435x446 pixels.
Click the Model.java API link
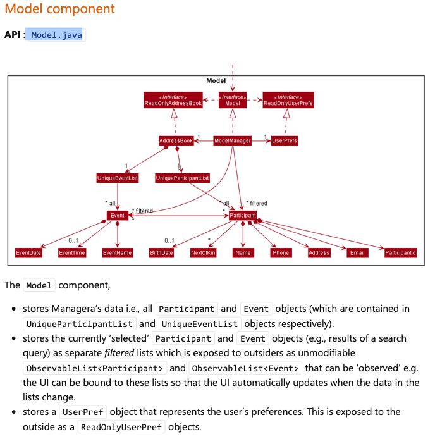click(57, 35)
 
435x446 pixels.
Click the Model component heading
click(60, 9)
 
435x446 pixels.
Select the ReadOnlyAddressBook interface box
click(173, 100)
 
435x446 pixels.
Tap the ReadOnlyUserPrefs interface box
click(288, 100)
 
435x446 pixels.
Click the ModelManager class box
click(232, 140)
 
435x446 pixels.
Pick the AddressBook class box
click(176, 140)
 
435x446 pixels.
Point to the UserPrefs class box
click(285, 140)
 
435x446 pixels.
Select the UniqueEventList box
click(118, 178)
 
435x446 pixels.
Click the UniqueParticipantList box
click(183, 178)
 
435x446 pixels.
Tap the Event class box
click(118, 216)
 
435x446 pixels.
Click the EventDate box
click(28, 252)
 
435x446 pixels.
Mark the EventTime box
click(72, 252)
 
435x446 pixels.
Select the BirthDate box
click(161, 252)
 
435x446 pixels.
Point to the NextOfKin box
click(204, 252)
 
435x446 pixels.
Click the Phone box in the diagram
click(281, 252)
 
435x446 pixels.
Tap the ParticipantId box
click(401, 252)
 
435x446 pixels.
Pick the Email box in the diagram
click(357, 252)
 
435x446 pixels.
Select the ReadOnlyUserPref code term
click(122, 427)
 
